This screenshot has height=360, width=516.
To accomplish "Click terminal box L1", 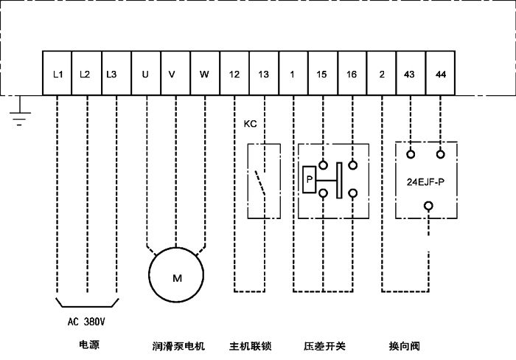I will click(x=57, y=74).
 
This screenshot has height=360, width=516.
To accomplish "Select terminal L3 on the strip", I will click(x=111, y=74).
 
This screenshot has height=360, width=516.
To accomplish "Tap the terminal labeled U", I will click(x=145, y=74).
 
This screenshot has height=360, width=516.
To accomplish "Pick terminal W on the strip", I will click(x=204, y=74).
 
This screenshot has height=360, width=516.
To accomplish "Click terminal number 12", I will click(x=234, y=74).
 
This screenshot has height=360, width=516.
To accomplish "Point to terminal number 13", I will click(x=264, y=74).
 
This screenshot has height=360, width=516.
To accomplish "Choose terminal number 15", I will click(x=322, y=74).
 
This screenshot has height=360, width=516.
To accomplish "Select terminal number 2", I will click(x=381, y=74).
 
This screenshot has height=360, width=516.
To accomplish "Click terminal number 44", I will click(x=441, y=74).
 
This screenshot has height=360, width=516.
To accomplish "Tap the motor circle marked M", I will click(x=176, y=277).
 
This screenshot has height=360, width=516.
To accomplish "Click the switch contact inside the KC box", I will click(x=260, y=181).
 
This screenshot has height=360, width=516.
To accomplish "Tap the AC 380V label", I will click(x=87, y=322).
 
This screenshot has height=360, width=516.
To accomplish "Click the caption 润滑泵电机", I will click(x=177, y=345).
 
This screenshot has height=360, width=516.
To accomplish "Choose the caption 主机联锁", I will click(x=250, y=345).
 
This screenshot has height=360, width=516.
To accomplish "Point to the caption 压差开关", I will click(x=324, y=345).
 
